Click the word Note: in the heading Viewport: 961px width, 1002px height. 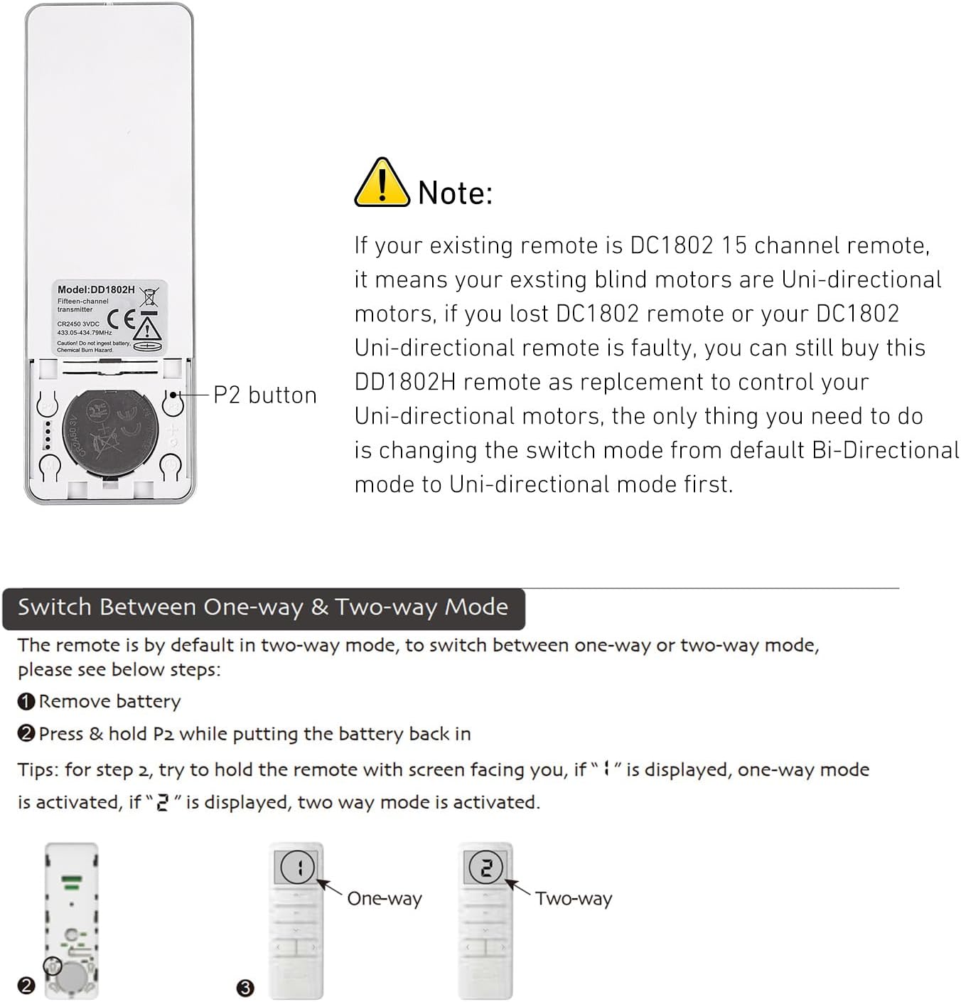pyautogui.click(x=455, y=193)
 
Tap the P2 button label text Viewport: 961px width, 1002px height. pyautogui.click(x=265, y=395)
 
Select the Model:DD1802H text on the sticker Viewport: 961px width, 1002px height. pyautogui.click(x=96, y=289)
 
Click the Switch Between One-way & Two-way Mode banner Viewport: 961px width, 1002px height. pyautogui.click(x=263, y=608)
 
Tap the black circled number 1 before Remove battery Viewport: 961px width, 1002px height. pyautogui.click(x=26, y=702)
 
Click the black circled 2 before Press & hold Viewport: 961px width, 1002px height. pyautogui.click(x=26, y=733)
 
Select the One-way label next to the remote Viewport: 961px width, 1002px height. pyautogui.click(x=384, y=899)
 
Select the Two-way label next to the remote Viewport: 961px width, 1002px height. pyautogui.click(x=573, y=899)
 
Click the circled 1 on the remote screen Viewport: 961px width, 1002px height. pyautogui.click(x=297, y=867)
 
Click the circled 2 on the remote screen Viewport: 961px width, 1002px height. pyautogui.click(x=485, y=867)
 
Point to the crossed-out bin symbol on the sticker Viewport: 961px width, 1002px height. pyautogui.click(x=149, y=297)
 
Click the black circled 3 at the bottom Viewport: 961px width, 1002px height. pyautogui.click(x=245, y=988)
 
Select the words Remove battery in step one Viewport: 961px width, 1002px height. pyautogui.click(x=109, y=702)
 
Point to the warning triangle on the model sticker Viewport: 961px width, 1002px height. pyautogui.click(x=146, y=328)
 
